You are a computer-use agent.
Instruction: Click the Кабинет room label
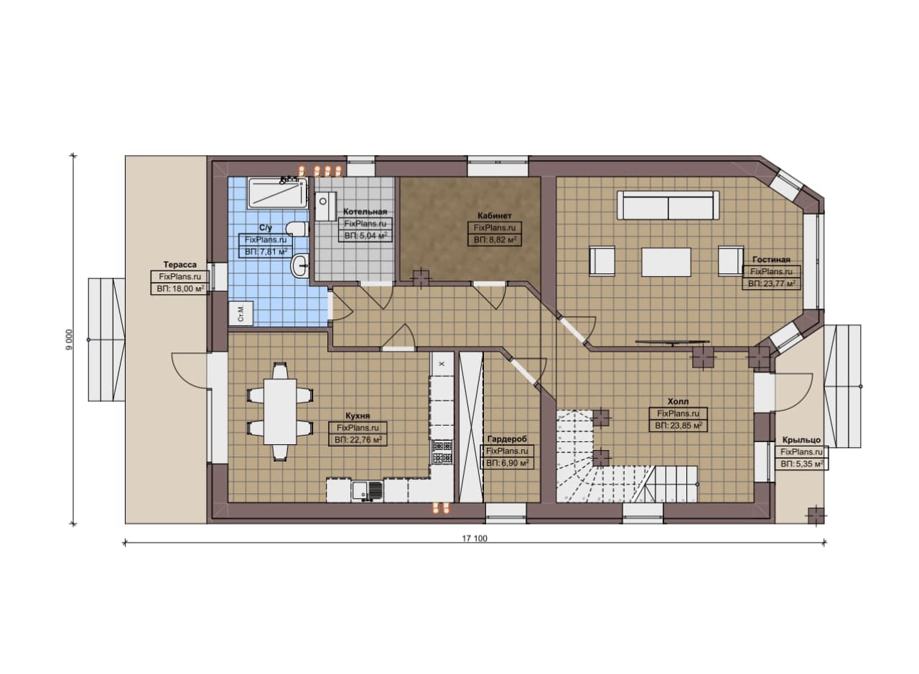(495, 216)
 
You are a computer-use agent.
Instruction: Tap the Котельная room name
(365, 212)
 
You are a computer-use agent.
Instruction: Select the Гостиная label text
(771, 260)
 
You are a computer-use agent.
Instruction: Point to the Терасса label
(179, 265)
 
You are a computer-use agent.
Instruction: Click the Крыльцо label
(801, 440)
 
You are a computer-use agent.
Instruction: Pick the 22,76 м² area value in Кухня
(358, 440)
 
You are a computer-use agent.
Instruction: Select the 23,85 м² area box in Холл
(678, 426)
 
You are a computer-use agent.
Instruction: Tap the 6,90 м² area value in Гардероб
(507, 463)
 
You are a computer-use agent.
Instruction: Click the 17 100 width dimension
(475, 538)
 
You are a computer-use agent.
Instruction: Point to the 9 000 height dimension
(69, 340)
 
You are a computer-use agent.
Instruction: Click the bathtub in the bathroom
(277, 192)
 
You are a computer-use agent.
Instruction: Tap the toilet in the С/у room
(297, 228)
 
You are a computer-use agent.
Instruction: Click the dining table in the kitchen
(280, 412)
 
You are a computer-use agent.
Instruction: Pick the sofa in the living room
(668, 205)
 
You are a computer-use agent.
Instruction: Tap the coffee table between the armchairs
(666, 262)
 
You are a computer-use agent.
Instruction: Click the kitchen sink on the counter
(368, 491)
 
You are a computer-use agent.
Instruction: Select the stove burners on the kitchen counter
(442, 451)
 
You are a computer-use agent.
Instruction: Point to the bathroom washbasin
(301, 266)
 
